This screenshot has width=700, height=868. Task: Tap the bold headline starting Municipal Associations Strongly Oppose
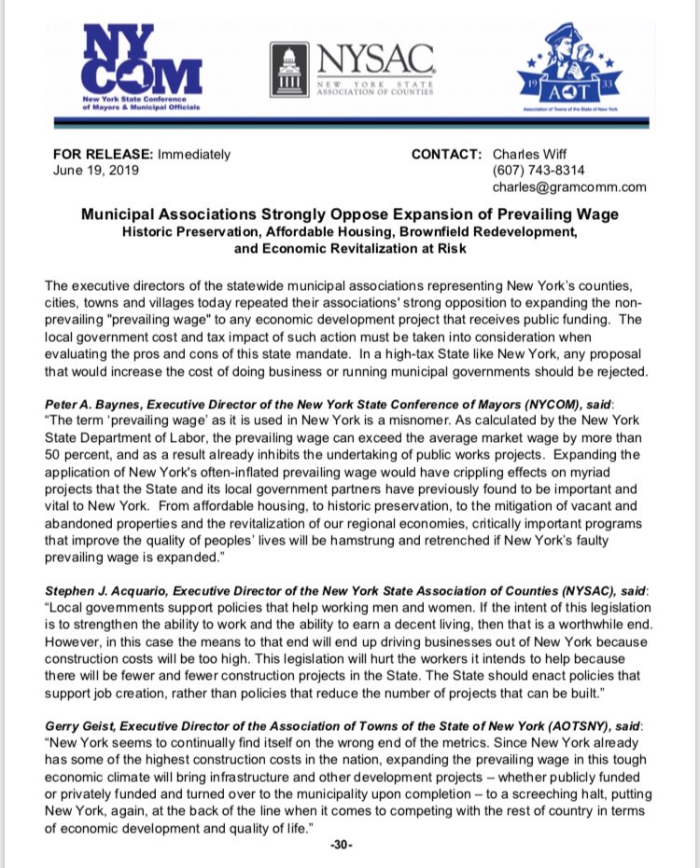pos(350,214)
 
